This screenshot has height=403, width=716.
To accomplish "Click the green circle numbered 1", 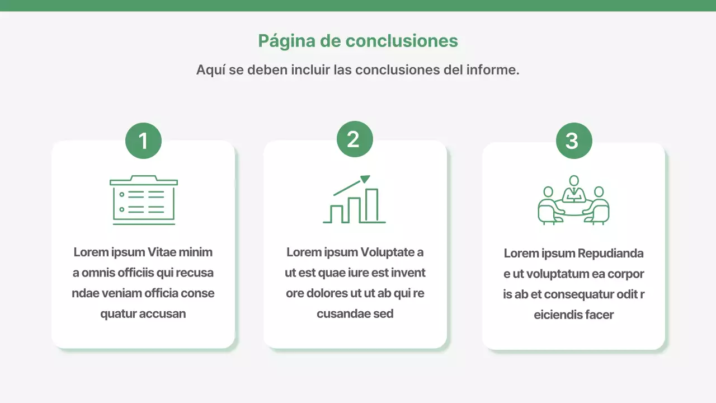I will pos(143,140).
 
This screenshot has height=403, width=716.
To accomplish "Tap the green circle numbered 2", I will pos(355,139).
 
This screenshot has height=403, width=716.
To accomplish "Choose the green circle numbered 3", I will pos(574,140).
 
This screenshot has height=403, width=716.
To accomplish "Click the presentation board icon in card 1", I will pos(144,200).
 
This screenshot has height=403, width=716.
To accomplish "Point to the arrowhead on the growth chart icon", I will pos(365,179).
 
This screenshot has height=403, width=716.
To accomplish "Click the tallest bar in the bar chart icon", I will pos(371,205).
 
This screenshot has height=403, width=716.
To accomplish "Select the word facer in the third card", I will pos(599,315).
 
